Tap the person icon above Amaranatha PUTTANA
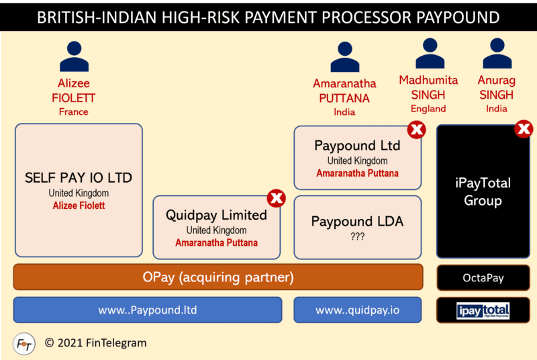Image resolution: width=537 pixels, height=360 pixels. [x=345, y=57]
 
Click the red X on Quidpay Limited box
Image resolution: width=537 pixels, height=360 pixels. [x=277, y=198]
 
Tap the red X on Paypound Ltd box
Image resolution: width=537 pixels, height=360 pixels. [x=417, y=129]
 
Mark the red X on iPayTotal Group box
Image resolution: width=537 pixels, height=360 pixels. [x=524, y=128]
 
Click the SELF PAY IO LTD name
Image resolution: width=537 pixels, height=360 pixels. [x=79, y=178]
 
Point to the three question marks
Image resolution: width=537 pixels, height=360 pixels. [x=356, y=236]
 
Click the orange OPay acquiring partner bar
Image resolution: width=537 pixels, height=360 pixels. [x=218, y=277]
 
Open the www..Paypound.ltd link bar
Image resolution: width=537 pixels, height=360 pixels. [x=148, y=310]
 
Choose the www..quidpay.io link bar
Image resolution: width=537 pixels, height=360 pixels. [x=357, y=310]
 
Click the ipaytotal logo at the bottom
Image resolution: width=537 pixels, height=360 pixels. [x=483, y=310]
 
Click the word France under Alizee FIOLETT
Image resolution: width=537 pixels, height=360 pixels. [x=74, y=111]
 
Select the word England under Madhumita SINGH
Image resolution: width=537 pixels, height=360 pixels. [x=428, y=108]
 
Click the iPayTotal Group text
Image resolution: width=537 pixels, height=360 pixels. [x=483, y=191]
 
